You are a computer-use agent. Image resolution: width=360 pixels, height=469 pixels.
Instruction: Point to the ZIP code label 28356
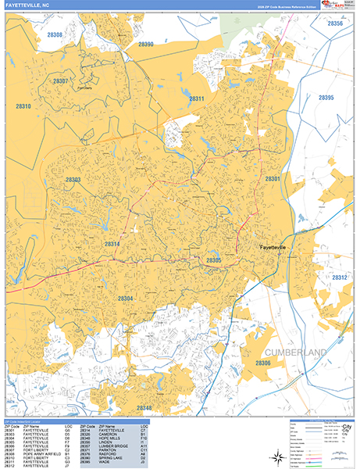click(x=334, y=24)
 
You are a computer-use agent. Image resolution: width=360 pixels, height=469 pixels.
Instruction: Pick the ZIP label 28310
click(x=23, y=106)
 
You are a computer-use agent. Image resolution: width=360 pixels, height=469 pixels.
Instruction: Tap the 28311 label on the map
click(x=196, y=98)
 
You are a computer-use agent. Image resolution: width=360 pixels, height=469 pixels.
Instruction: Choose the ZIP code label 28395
click(x=326, y=98)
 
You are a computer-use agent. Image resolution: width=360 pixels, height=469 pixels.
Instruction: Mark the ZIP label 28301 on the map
click(x=272, y=180)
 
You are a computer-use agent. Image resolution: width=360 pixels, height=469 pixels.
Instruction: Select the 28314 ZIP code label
click(x=113, y=245)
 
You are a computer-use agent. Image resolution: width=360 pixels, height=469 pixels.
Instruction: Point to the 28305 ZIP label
click(x=214, y=260)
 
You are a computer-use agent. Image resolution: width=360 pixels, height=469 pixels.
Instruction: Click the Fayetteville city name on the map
click(x=278, y=248)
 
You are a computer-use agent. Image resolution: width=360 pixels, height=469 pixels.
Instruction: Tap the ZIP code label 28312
click(x=340, y=277)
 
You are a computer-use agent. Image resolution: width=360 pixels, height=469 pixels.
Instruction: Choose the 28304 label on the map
click(x=125, y=299)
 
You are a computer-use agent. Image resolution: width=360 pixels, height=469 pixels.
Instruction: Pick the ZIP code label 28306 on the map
click(x=263, y=363)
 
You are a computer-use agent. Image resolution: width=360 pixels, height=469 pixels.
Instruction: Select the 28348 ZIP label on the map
click(x=144, y=408)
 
